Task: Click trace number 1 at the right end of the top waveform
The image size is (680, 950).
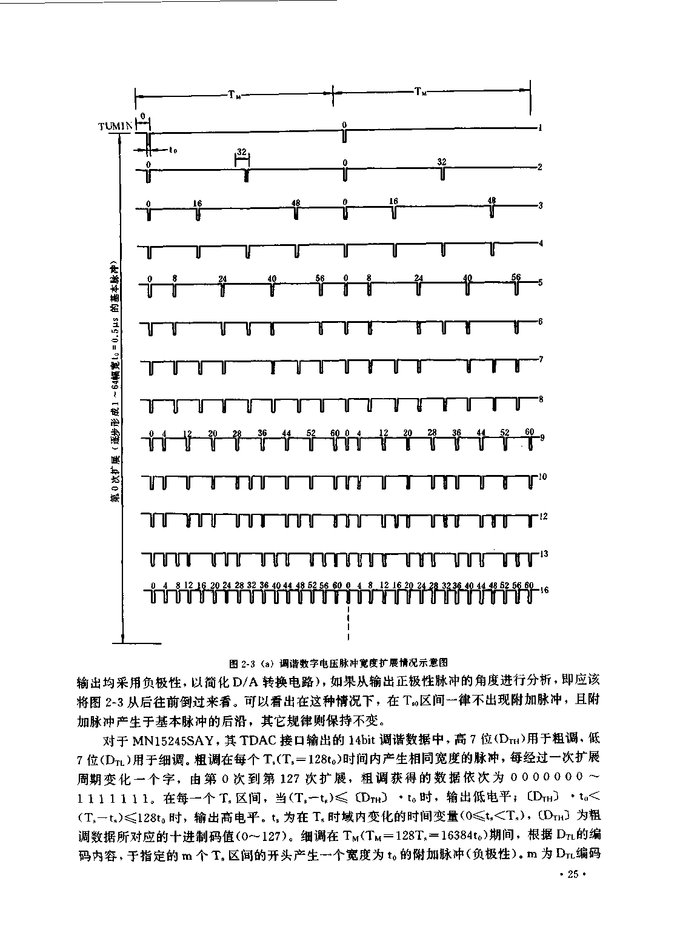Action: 539,128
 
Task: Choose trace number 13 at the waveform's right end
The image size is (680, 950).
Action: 544,554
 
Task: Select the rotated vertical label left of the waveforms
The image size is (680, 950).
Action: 114,382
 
